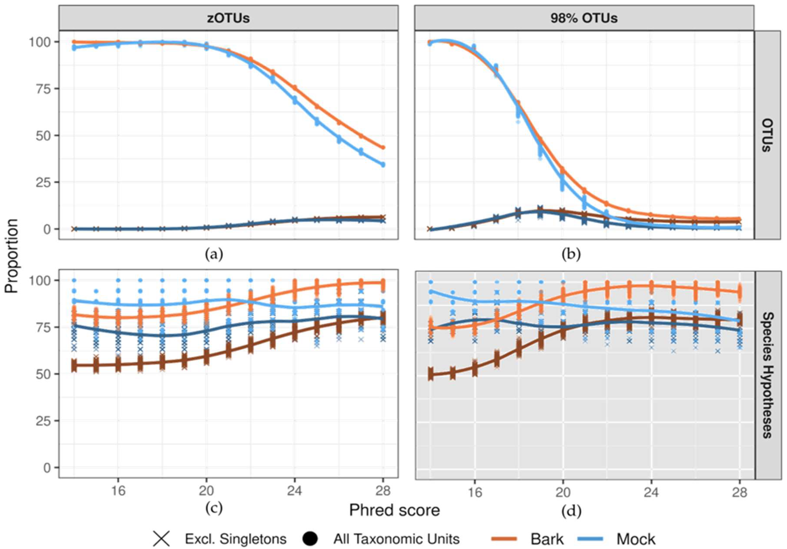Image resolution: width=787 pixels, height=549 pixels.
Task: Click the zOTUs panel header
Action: (228, 18)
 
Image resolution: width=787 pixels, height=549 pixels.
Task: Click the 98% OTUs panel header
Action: (584, 18)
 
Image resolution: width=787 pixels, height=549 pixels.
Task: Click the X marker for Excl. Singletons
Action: (162, 539)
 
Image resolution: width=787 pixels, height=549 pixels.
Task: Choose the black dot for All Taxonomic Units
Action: (310, 539)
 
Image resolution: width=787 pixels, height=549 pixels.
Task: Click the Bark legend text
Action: (547, 539)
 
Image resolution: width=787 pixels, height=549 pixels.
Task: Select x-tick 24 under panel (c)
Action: (294, 491)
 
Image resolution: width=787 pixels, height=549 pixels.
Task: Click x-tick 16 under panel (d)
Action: (475, 493)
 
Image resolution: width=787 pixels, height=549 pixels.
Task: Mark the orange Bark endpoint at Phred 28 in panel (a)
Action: (383, 148)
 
